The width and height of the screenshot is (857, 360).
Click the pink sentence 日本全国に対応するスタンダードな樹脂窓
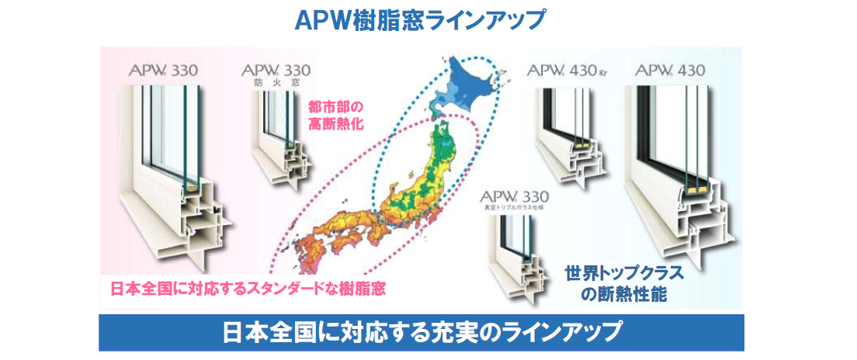point(248,288)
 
